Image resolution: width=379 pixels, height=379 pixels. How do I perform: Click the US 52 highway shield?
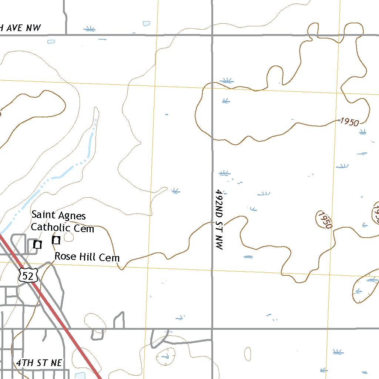pyautogui.click(x=28, y=275)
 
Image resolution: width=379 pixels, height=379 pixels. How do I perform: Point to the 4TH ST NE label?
pyautogui.click(x=39, y=363)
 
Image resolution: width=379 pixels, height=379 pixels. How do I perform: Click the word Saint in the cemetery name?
pyautogui.click(x=43, y=215)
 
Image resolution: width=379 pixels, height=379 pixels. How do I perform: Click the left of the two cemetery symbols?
pyautogui.click(x=37, y=244)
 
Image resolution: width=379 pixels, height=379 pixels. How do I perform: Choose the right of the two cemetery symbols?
pyautogui.click(x=56, y=240)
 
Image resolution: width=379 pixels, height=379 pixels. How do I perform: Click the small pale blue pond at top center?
pyautogui.click(x=147, y=24)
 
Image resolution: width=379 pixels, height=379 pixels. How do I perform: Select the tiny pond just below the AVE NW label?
pyautogui.click(x=51, y=41)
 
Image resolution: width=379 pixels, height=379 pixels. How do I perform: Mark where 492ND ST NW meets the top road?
pyautogui.click(x=212, y=35)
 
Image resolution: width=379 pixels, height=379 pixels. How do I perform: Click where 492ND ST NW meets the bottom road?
pyautogui.click(x=212, y=328)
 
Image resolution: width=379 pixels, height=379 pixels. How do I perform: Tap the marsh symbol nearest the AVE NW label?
pyautogui.click(x=89, y=28)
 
